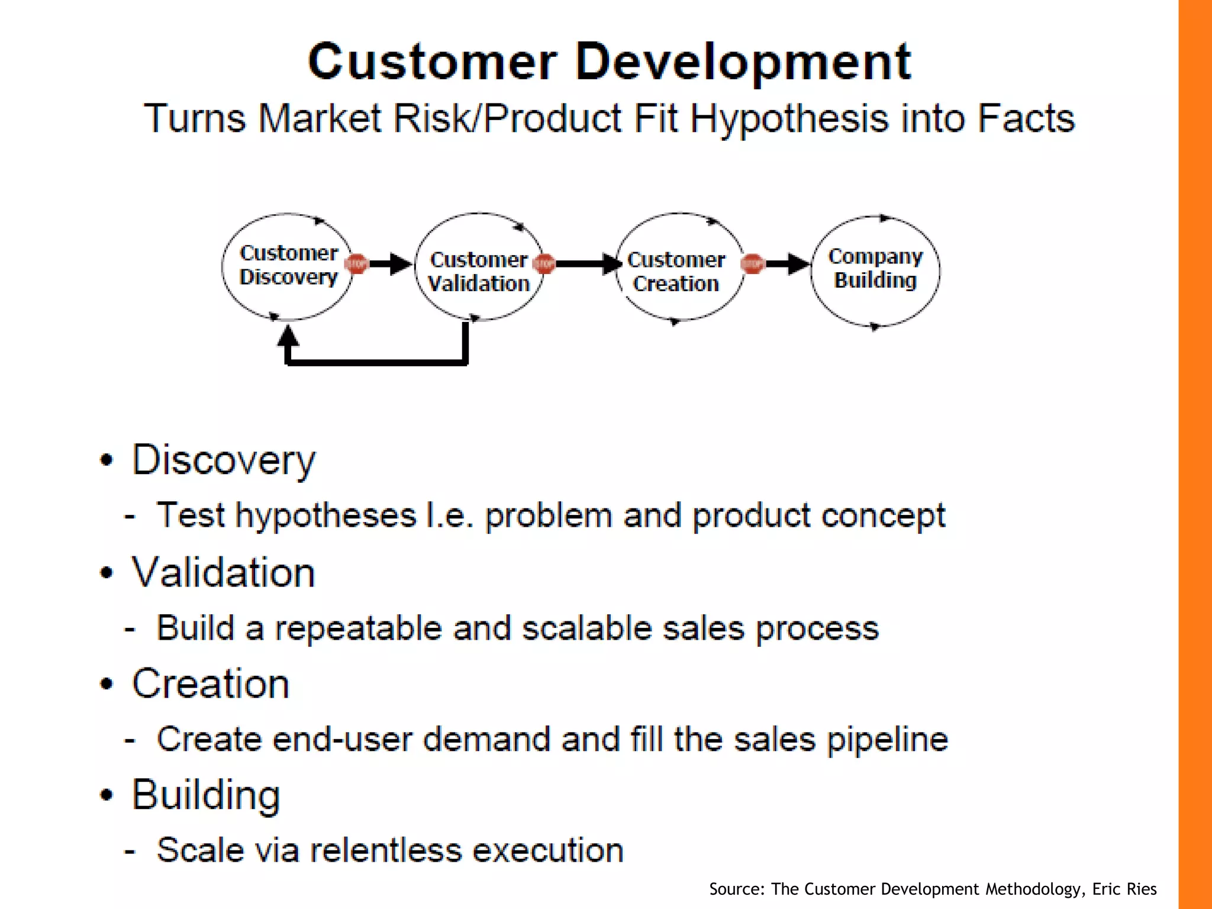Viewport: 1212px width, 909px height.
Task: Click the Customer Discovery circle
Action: point(288,266)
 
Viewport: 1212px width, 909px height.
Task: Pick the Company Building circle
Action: point(875,269)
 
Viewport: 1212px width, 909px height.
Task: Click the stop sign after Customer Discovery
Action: point(357,264)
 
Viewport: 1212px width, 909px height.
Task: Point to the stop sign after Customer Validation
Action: point(544,264)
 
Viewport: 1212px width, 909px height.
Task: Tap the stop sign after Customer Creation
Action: point(753,264)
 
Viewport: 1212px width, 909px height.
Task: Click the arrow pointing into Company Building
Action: point(790,264)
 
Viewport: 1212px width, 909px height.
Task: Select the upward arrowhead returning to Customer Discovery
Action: point(288,337)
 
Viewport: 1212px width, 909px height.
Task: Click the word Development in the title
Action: point(743,62)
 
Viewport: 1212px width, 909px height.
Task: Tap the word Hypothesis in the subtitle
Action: point(790,119)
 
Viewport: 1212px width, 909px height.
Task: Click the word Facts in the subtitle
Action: point(1025,118)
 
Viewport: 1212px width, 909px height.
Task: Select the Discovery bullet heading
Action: point(224,460)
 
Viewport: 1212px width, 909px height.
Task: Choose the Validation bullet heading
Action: point(223,572)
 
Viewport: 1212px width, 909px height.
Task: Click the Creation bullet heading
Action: point(210,684)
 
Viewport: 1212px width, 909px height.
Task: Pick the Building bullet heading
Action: point(205,795)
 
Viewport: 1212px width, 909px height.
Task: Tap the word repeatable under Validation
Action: point(358,628)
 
